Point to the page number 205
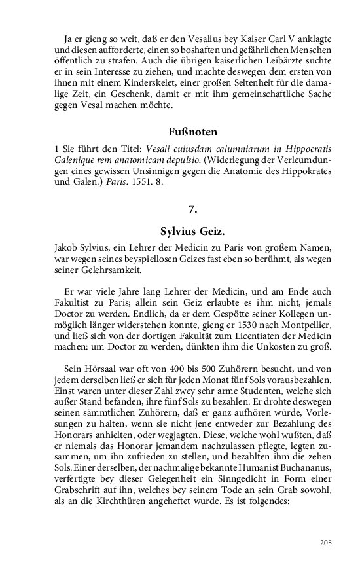(x=326, y=543)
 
